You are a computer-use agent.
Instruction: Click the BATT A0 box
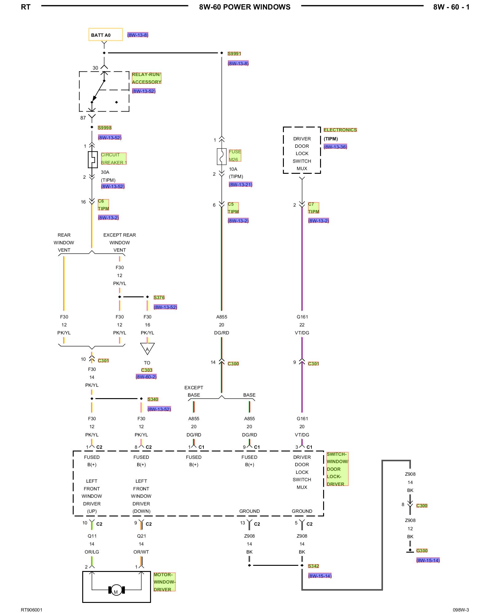106,35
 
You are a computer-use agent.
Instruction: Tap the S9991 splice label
234,54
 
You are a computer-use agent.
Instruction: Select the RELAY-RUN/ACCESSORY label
146,78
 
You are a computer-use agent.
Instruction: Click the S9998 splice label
105,128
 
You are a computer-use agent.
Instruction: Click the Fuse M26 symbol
222,157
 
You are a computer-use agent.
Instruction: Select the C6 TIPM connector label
103,205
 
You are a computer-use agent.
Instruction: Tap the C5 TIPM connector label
233,208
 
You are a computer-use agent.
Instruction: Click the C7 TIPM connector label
314,208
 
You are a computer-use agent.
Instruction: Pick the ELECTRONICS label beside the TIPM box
340,130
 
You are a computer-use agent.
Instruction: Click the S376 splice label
159,298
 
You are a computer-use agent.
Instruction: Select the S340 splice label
153,399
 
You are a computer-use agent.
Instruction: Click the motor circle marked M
116,590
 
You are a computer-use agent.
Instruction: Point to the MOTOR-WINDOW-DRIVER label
164,582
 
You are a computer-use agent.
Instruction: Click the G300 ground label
422,551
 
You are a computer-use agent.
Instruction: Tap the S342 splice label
313,566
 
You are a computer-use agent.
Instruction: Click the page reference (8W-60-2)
146,377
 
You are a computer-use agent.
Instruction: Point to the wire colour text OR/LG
92,552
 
